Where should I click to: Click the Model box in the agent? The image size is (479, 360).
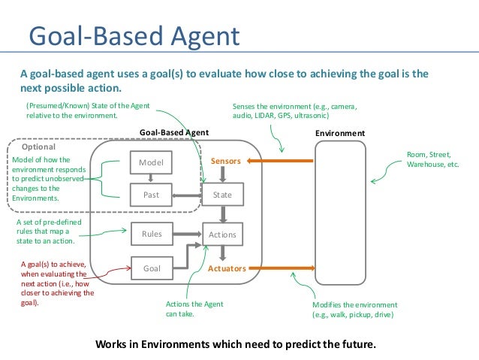pyautogui.click(x=151, y=162)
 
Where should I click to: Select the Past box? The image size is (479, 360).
pyautogui.click(x=151, y=195)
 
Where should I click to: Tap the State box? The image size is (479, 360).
pyautogui.click(x=222, y=195)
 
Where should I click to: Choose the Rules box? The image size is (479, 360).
pyautogui.click(x=151, y=234)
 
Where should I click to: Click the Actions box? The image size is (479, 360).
pyautogui.click(x=222, y=234)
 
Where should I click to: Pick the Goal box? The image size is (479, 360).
pyautogui.click(x=151, y=267)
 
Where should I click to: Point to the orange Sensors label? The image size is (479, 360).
pyautogui.click(x=225, y=162)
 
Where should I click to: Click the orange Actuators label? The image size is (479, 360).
pyautogui.click(x=227, y=268)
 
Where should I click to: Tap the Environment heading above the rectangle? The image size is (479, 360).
pyautogui.click(x=341, y=133)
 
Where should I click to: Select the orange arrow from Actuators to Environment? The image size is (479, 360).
pyautogui.click(x=281, y=268)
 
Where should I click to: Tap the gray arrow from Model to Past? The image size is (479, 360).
pyautogui.click(x=151, y=178)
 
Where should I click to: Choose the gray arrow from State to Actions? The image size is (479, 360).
pyautogui.click(x=222, y=215)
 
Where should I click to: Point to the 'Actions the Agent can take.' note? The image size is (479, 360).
pyautogui.click(x=188, y=309)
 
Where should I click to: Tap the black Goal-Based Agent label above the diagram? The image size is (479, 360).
pyautogui.click(x=174, y=133)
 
